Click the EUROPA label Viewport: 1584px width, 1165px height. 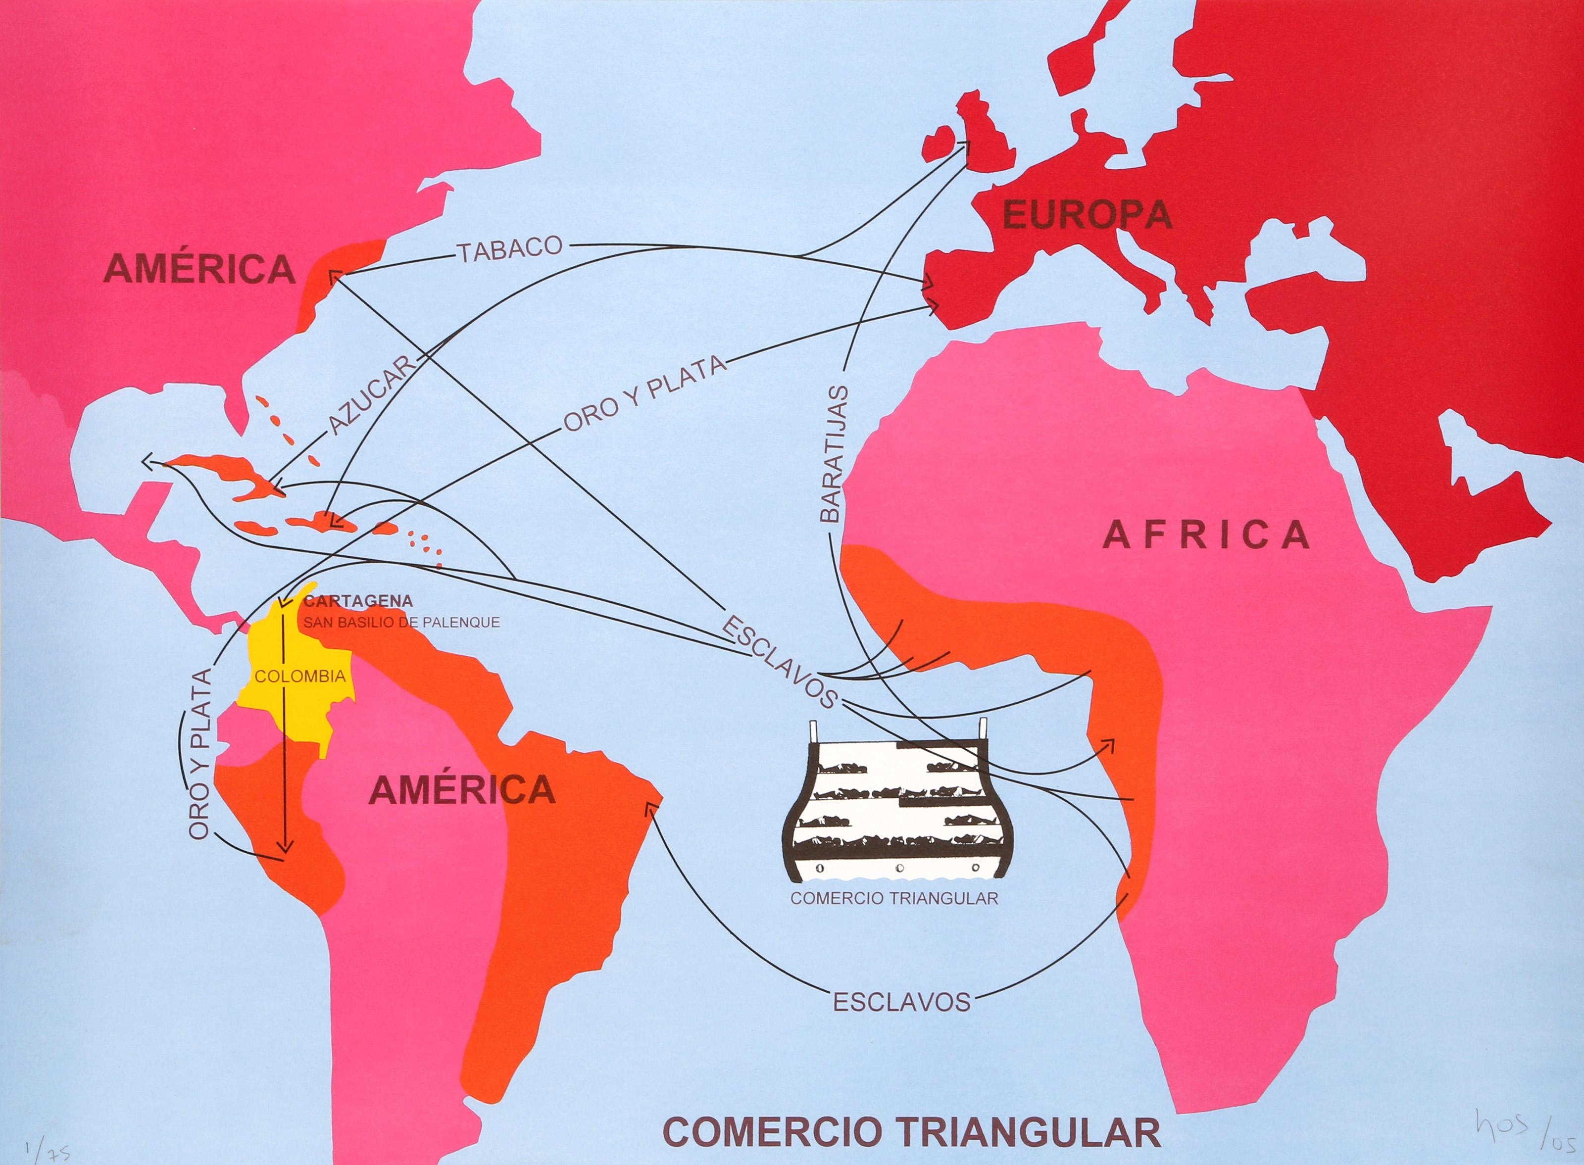pyautogui.click(x=1087, y=215)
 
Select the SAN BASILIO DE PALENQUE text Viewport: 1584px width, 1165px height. pyautogui.click(x=401, y=623)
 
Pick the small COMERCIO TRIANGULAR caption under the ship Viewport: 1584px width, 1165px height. pyautogui.click(x=894, y=898)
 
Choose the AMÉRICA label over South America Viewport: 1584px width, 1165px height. pyautogui.click(x=463, y=789)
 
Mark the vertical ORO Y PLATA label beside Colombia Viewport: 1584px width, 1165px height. pyautogui.click(x=200, y=753)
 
